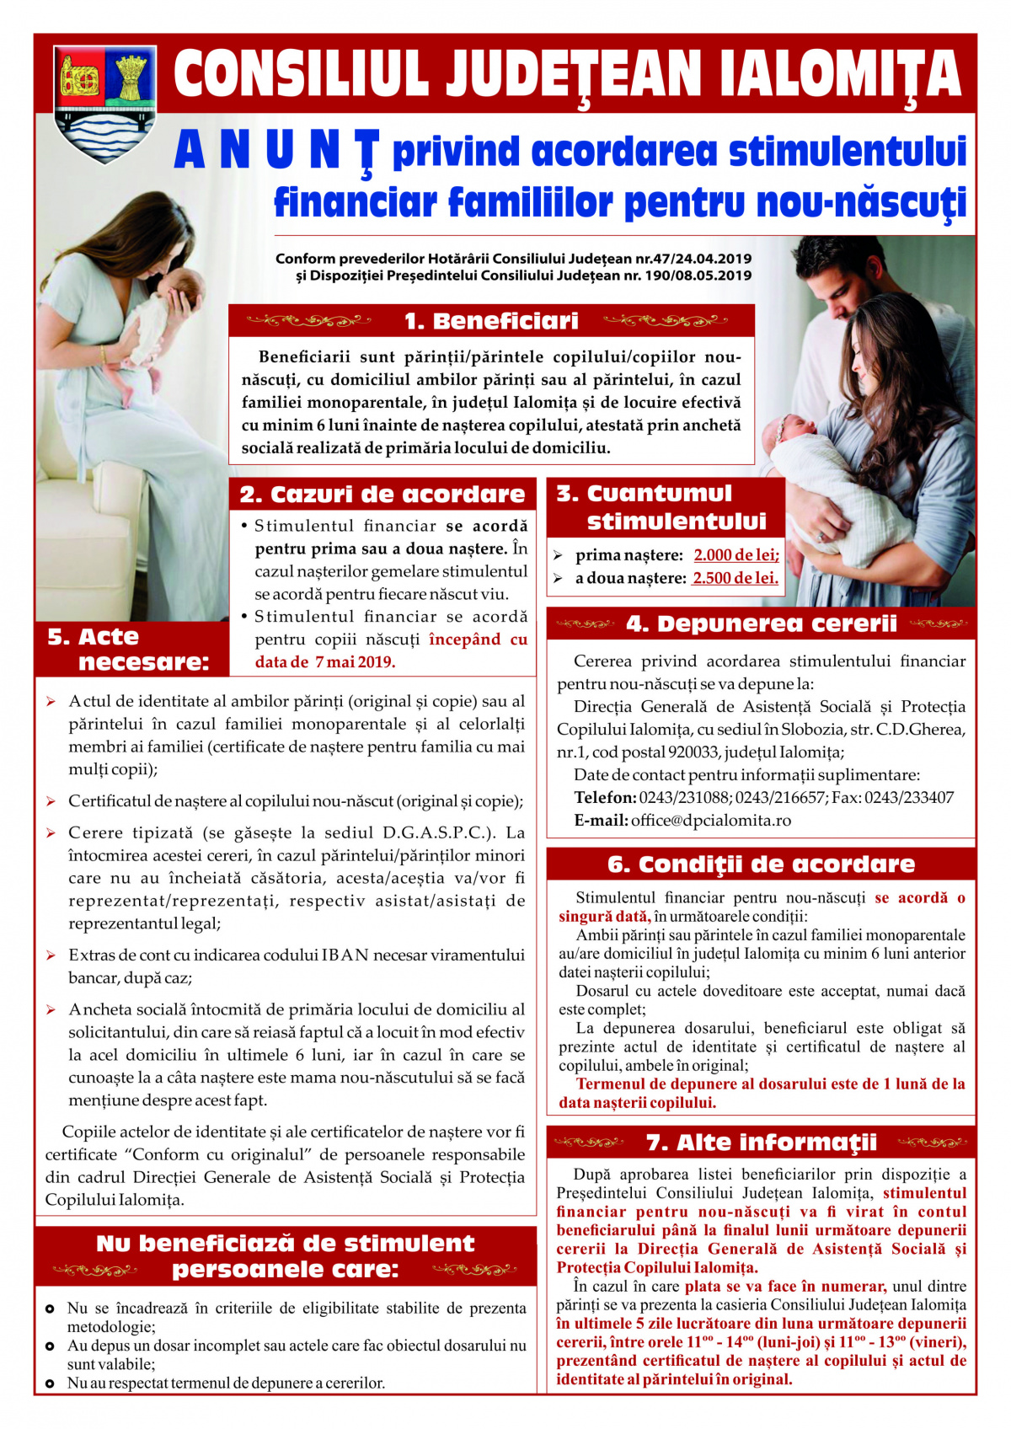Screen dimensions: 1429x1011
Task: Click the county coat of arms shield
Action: pos(105,103)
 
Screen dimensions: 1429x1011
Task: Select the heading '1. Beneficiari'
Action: pos(491,321)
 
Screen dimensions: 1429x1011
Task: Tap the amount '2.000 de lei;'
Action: pos(737,555)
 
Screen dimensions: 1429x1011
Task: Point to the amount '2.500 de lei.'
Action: pos(736,578)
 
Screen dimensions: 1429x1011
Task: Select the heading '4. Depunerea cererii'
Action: pos(761,624)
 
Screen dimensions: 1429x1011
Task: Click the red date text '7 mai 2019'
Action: pos(355,662)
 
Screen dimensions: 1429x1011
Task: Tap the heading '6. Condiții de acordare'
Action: pos(761,864)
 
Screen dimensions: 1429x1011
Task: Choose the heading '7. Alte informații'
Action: pos(761,1142)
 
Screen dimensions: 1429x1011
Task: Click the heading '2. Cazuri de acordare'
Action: pos(382,494)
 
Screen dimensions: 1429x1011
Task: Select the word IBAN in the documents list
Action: pos(345,955)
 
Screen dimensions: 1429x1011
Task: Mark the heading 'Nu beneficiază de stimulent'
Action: pos(285,1243)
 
